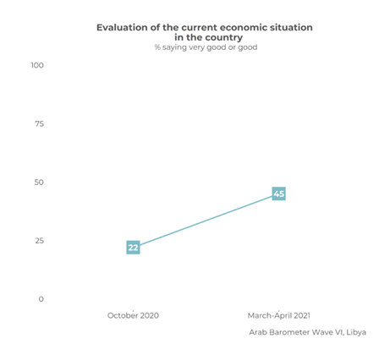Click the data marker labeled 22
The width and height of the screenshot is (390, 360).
click(x=133, y=248)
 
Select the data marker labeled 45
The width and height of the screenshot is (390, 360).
click(x=279, y=194)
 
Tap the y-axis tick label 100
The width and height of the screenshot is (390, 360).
click(x=36, y=65)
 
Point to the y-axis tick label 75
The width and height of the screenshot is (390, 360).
click(x=38, y=123)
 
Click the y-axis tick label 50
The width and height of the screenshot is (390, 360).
click(x=38, y=183)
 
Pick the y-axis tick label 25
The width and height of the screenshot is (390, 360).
click(x=38, y=241)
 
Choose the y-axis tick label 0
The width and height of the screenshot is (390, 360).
click(x=40, y=299)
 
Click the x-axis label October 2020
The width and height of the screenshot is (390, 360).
click(x=133, y=315)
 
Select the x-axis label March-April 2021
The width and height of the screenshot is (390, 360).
click(x=279, y=315)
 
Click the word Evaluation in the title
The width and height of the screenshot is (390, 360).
click(x=125, y=28)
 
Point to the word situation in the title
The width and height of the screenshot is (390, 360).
click(x=288, y=28)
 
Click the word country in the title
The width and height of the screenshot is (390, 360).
click(x=223, y=38)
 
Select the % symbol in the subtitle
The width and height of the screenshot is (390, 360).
click(x=157, y=48)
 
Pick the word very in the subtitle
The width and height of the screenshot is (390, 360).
click(x=194, y=48)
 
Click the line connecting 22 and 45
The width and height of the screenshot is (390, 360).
click(x=206, y=221)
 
